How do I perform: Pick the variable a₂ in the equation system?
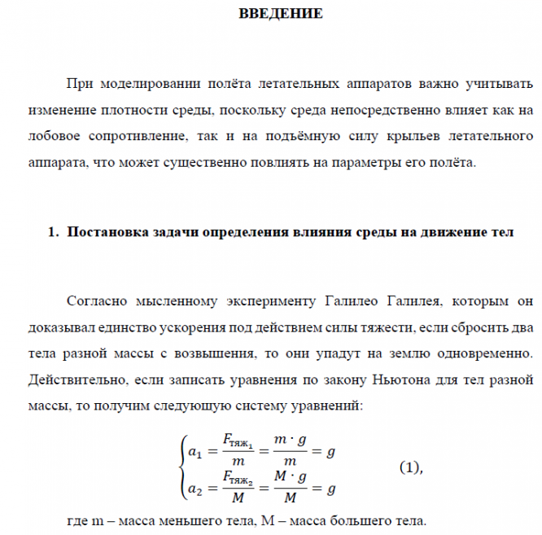(194, 489)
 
